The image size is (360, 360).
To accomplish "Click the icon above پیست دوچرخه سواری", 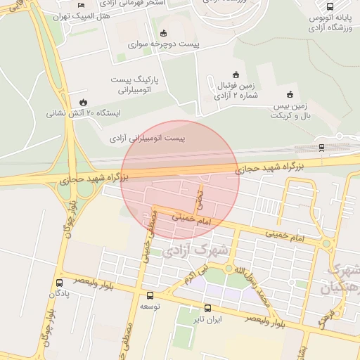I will [164, 32].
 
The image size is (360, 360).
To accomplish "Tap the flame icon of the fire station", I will [84, 102].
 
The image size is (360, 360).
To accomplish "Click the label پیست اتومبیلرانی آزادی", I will [148, 139].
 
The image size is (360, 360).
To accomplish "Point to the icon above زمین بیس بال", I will [290, 94].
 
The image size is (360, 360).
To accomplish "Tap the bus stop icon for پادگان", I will [58, 283].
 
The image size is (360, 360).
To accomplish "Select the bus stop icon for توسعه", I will [149, 296].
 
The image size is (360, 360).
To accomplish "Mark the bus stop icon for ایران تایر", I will [207, 307].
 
